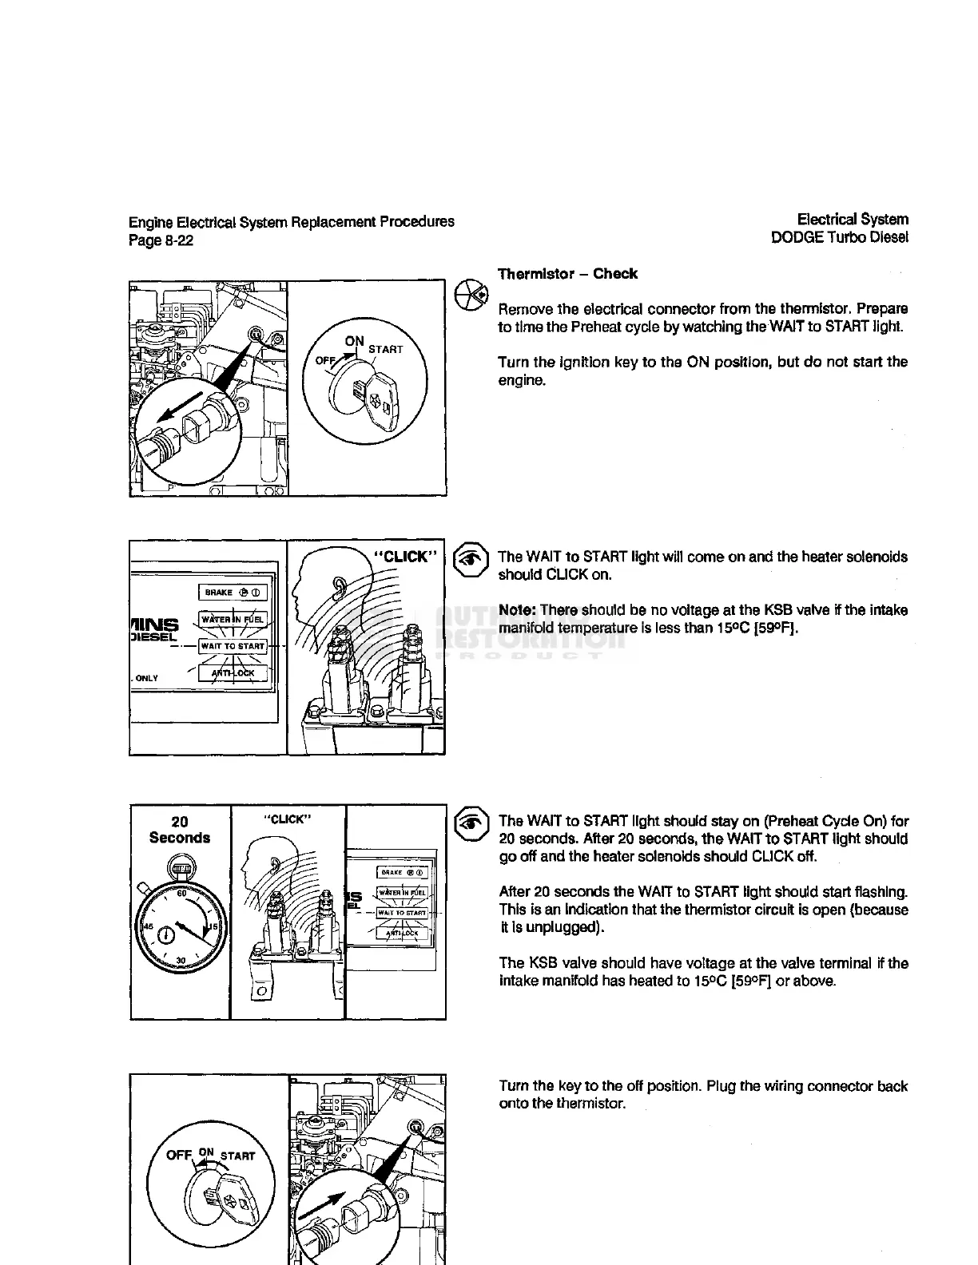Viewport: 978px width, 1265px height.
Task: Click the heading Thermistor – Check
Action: (x=567, y=274)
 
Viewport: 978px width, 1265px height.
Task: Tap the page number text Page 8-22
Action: (x=161, y=240)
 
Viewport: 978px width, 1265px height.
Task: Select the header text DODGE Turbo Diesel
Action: (x=839, y=237)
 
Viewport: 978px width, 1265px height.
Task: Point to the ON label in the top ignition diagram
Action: (x=354, y=341)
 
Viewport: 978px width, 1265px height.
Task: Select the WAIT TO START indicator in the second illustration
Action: (x=233, y=646)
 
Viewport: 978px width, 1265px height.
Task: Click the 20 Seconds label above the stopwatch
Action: (x=180, y=830)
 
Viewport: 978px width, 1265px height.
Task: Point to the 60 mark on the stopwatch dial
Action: (x=181, y=894)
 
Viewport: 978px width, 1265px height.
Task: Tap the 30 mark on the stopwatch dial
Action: (x=181, y=960)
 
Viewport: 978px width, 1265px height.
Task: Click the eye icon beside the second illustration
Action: (x=471, y=560)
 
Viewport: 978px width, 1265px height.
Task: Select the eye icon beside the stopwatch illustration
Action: (x=471, y=824)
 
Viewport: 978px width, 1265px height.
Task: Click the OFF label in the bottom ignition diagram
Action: (x=179, y=1156)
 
